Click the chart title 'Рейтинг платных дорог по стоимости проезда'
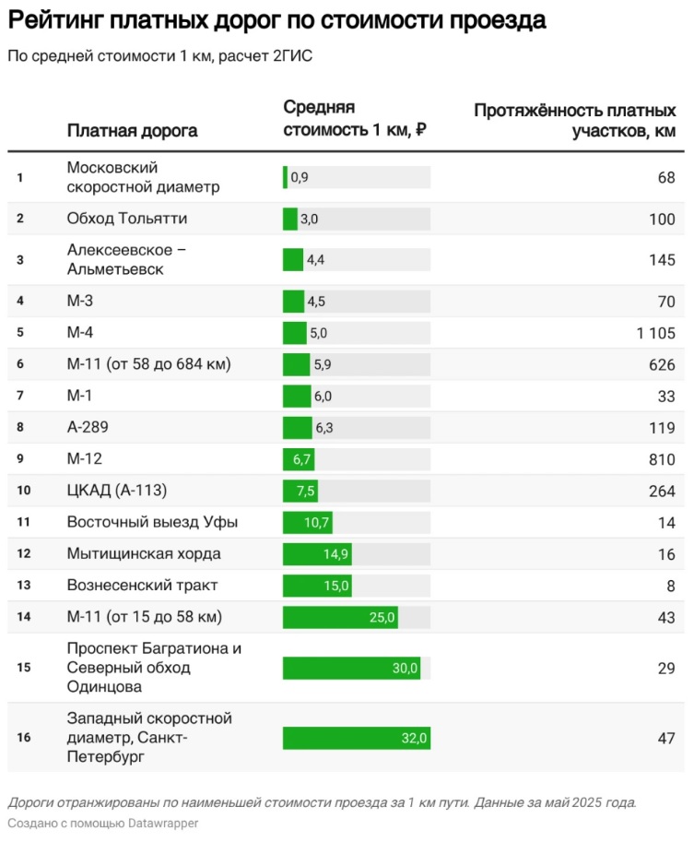point(276,20)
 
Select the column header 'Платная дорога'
point(132,130)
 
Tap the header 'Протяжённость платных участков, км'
point(574,121)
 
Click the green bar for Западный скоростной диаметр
point(356,738)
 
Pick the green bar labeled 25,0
point(339,617)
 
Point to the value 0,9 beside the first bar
point(300,177)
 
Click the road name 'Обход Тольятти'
point(127,219)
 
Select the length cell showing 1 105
point(655,333)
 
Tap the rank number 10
point(23,491)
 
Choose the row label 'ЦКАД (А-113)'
point(118,491)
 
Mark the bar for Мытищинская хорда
point(316,554)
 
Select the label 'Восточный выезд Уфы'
point(152,522)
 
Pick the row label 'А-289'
point(92,427)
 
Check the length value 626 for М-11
point(661,364)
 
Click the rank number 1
point(20,177)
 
